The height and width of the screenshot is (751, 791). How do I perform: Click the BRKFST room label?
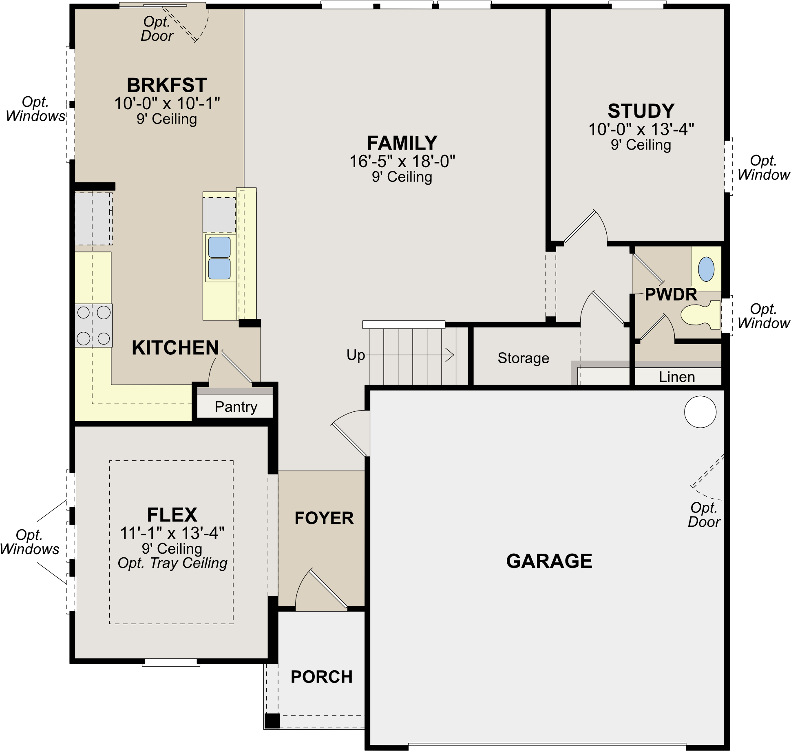click(x=167, y=85)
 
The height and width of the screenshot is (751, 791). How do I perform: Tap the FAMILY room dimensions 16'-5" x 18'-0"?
click(x=402, y=161)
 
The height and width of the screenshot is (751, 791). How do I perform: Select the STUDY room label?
click(x=641, y=111)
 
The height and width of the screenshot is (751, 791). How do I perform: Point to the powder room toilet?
click(x=700, y=314)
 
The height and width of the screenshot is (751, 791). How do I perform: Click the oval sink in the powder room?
click(x=706, y=269)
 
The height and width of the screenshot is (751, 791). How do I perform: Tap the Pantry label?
click(x=236, y=407)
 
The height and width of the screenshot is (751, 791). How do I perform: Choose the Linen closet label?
click(x=677, y=377)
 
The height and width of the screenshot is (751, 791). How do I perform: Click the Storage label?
click(x=523, y=358)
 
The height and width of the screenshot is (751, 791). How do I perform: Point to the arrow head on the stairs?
click(x=450, y=355)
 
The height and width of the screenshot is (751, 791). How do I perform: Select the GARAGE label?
click(x=549, y=561)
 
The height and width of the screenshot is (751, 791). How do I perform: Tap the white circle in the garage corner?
click(x=700, y=412)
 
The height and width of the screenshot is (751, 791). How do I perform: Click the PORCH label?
click(x=321, y=677)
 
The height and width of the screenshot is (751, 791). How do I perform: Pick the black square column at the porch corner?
click(x=272, y=721)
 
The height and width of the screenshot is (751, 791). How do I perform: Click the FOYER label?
click(x=324, y=518)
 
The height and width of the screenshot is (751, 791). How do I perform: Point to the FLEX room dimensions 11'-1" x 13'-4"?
click(x=172, y=533)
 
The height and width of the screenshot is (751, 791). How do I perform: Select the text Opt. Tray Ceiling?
click(x=172, y=563)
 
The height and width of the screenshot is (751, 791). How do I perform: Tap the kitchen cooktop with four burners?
click(x=93, y=325)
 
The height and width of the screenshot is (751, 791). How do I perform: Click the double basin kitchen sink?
click(x=219, y=258)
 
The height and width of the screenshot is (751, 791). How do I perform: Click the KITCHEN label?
click(x=175, y=348)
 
